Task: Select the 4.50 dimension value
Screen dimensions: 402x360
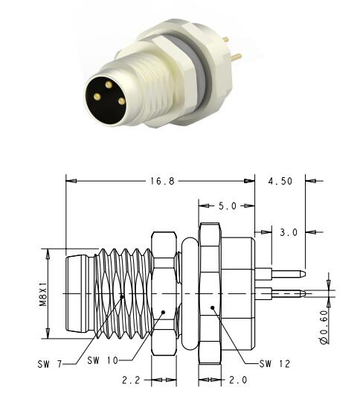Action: coord(281,180)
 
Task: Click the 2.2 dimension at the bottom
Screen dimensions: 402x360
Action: coord(132,380)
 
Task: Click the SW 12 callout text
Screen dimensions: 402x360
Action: coord(274,364)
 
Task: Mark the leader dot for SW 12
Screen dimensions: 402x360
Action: coord(212,307)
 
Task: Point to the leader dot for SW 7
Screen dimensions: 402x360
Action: coord(123,296)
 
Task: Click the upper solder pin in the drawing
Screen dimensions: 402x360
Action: coord(283,272)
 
